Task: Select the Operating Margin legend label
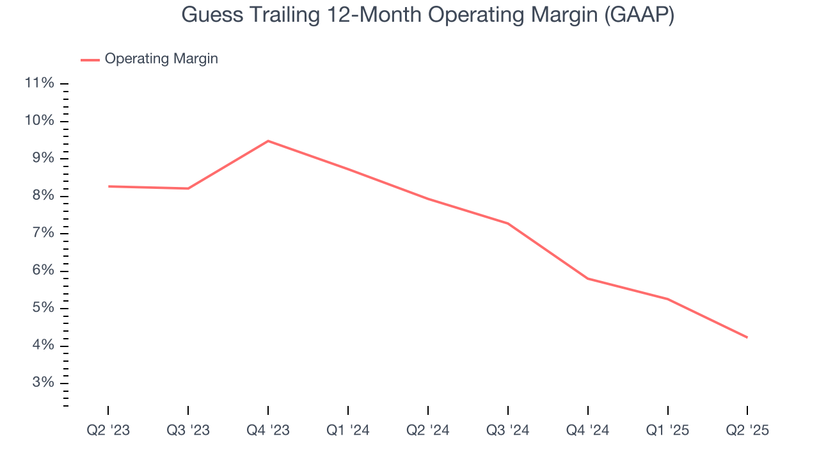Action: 161,59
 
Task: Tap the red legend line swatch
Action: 90,60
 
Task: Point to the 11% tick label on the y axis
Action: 39,83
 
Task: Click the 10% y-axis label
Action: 39,121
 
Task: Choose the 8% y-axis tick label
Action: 42,196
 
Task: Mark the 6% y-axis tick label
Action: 42,271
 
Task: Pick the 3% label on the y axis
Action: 42,383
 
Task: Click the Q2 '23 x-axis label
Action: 108,430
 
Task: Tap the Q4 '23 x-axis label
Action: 268,430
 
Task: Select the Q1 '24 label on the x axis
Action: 348,430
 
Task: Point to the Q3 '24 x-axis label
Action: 508,430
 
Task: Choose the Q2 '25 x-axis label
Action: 747,430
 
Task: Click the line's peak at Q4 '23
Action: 268,141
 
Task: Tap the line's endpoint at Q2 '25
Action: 747,337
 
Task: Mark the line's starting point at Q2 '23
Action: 109,186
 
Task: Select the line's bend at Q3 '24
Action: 508,223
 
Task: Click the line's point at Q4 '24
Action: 587,279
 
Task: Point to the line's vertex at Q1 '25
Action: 667,299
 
